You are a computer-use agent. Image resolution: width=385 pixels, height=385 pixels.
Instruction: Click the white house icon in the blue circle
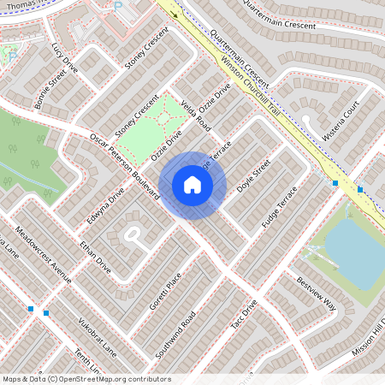tap(192, 185)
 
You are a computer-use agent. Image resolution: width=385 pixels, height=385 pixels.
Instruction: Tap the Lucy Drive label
tap(64, 58)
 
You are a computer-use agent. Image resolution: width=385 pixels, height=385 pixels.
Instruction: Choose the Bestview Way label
tap(317, 293)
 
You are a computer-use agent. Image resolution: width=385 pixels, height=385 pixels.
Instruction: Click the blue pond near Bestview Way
tap(351, 248)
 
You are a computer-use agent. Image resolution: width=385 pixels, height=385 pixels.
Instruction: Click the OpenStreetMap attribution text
tap(86, 378)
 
